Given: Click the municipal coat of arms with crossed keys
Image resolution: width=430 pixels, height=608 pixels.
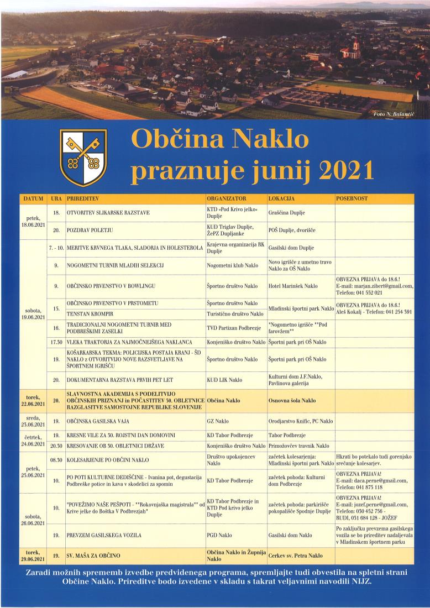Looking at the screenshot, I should click(83, 158).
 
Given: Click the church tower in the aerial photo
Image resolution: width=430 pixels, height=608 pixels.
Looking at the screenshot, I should click(356, 45).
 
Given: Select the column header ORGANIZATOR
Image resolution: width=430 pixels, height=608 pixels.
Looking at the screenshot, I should click(226, 198).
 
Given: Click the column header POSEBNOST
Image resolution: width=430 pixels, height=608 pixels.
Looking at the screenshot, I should click(352, 198).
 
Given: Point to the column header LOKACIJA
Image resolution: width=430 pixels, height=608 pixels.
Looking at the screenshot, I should click(282, 198).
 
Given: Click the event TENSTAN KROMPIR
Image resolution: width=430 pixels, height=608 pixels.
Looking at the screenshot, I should click(90, 314).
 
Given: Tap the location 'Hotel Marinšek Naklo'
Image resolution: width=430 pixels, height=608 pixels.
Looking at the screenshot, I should click(293, 286).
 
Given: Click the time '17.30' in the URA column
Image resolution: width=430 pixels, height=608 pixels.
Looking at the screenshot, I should click(55, 343).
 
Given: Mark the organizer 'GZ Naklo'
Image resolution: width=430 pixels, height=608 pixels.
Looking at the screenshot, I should click(218, 421).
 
